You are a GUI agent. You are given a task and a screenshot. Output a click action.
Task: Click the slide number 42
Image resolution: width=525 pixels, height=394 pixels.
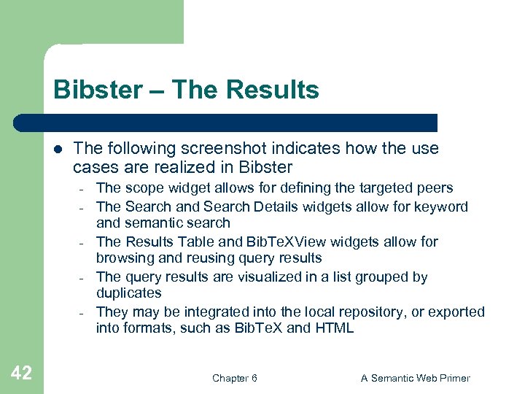click(22, 374)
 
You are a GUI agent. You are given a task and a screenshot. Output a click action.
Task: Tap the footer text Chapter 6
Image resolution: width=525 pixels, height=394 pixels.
click(234, 378)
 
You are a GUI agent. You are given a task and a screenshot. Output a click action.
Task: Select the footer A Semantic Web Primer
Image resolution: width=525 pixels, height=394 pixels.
click(416, 378)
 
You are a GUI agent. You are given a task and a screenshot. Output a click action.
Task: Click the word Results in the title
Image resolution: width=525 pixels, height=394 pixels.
click(273, 90)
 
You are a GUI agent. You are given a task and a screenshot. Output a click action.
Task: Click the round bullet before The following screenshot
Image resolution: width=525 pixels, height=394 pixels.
click(58, 149)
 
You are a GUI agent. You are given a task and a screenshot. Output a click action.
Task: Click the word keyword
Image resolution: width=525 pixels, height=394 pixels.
click(442, 206)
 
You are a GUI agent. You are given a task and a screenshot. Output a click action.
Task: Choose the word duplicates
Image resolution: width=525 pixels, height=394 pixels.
click(128, 293)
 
